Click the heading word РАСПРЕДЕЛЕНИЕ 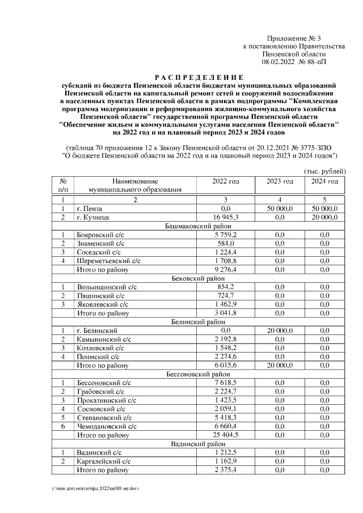[199, 77]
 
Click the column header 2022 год [225, 181]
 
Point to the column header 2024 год [324, 181]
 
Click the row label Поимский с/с [97, 357]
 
